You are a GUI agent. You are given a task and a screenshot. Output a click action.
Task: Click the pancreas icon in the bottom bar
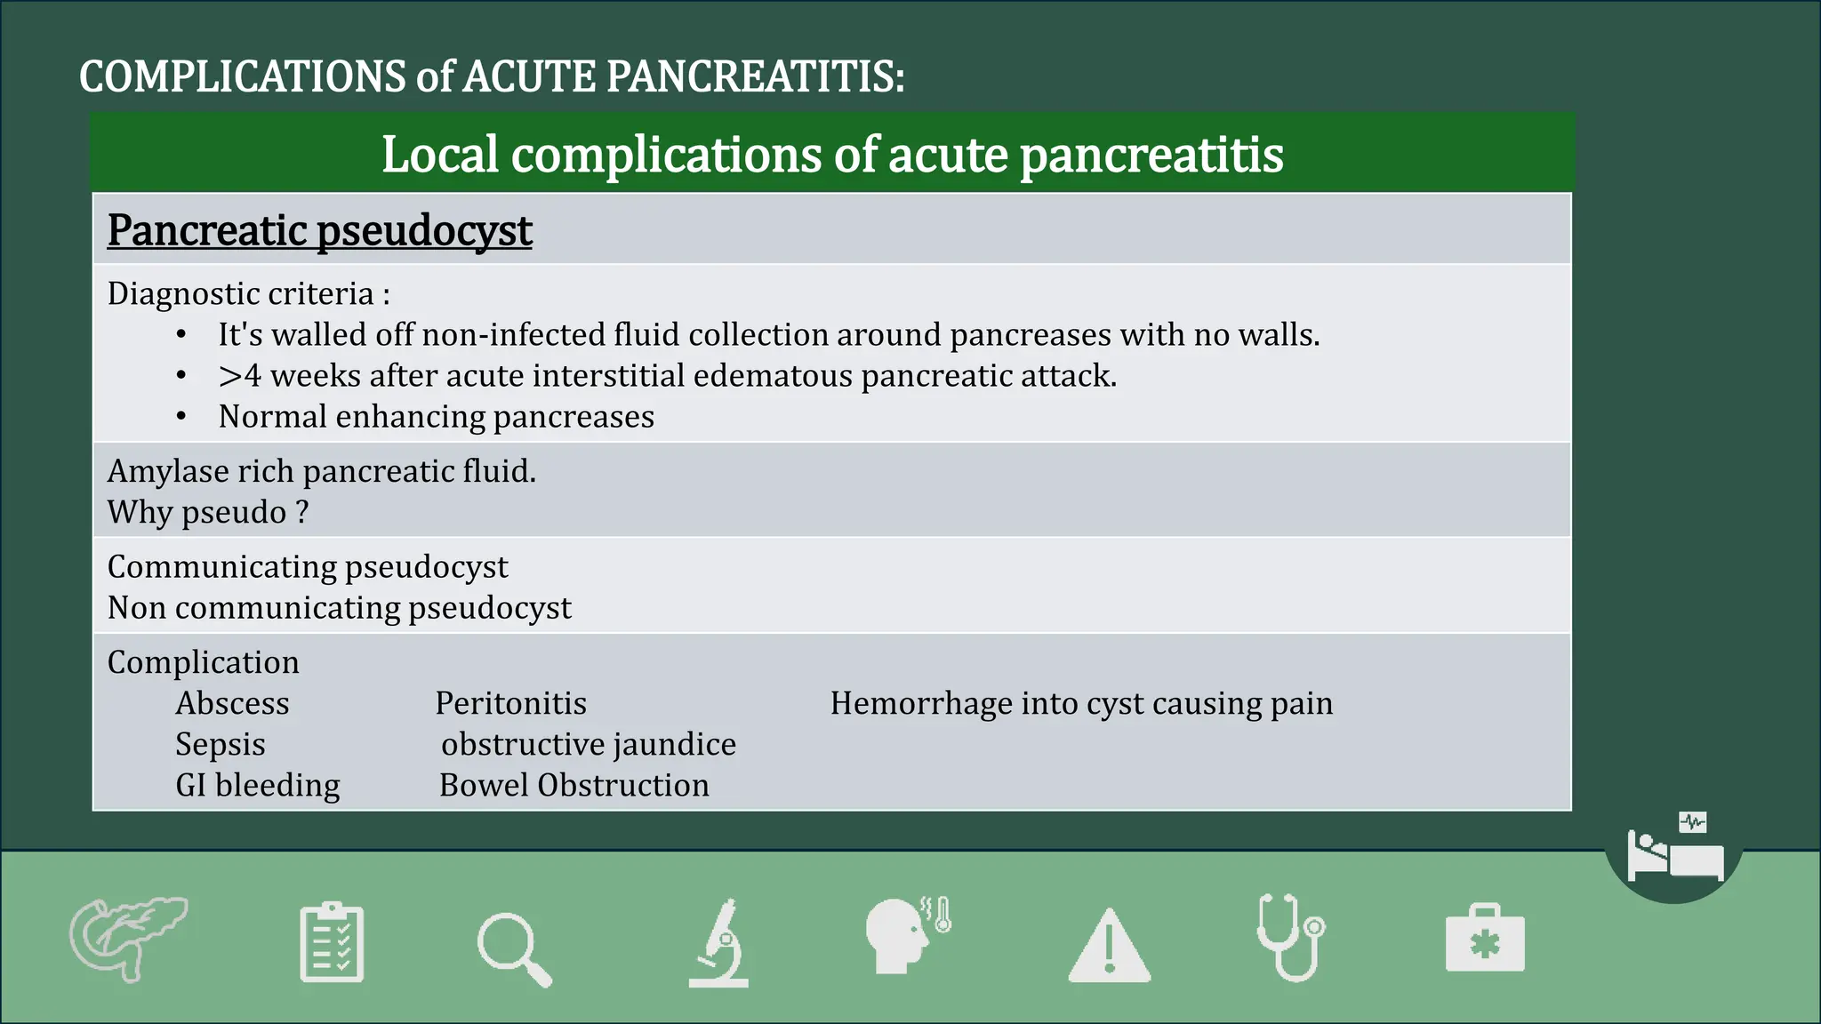click(x=128, y=939)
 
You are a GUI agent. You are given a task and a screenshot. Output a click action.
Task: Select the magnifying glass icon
click(x=514, y=949)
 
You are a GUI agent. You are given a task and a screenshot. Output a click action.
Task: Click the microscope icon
click(x=718, y=943)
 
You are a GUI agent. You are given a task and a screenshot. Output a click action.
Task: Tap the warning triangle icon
click(x=1109, y=946)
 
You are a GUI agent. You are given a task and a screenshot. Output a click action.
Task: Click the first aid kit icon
click(x=1485, y=939)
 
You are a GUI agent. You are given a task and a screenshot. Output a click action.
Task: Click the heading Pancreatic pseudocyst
click(x=319, y=230)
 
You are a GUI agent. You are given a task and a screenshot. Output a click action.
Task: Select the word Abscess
click(x=232, y=703)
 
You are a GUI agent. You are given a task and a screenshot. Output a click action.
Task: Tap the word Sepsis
click(x=221, y=744)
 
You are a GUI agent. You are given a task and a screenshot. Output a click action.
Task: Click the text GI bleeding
click(x=258, y=785)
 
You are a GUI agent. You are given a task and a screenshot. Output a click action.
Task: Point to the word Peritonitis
click(x=510, y=703)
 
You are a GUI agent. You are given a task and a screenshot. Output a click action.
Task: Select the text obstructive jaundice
click(x=589, y=744)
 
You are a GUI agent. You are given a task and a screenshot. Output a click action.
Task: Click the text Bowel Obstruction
click(x=574, y=785)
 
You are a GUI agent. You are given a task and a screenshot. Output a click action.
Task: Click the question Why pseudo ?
click(x=208, y=512)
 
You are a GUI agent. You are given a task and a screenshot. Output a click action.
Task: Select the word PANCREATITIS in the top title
click(x=756, y=76)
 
